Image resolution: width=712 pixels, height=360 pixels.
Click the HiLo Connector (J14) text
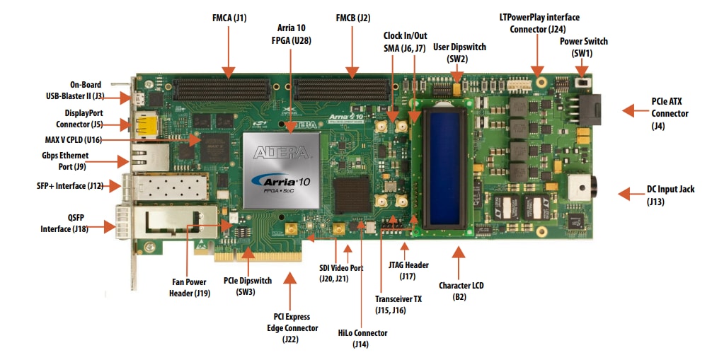pyautogui.click(x=362, y=338)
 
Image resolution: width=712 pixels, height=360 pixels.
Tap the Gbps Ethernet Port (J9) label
pyautogui.click(x=64, y=161)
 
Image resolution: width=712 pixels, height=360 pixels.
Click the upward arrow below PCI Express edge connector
pyautogui.click(x=289, y=283)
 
